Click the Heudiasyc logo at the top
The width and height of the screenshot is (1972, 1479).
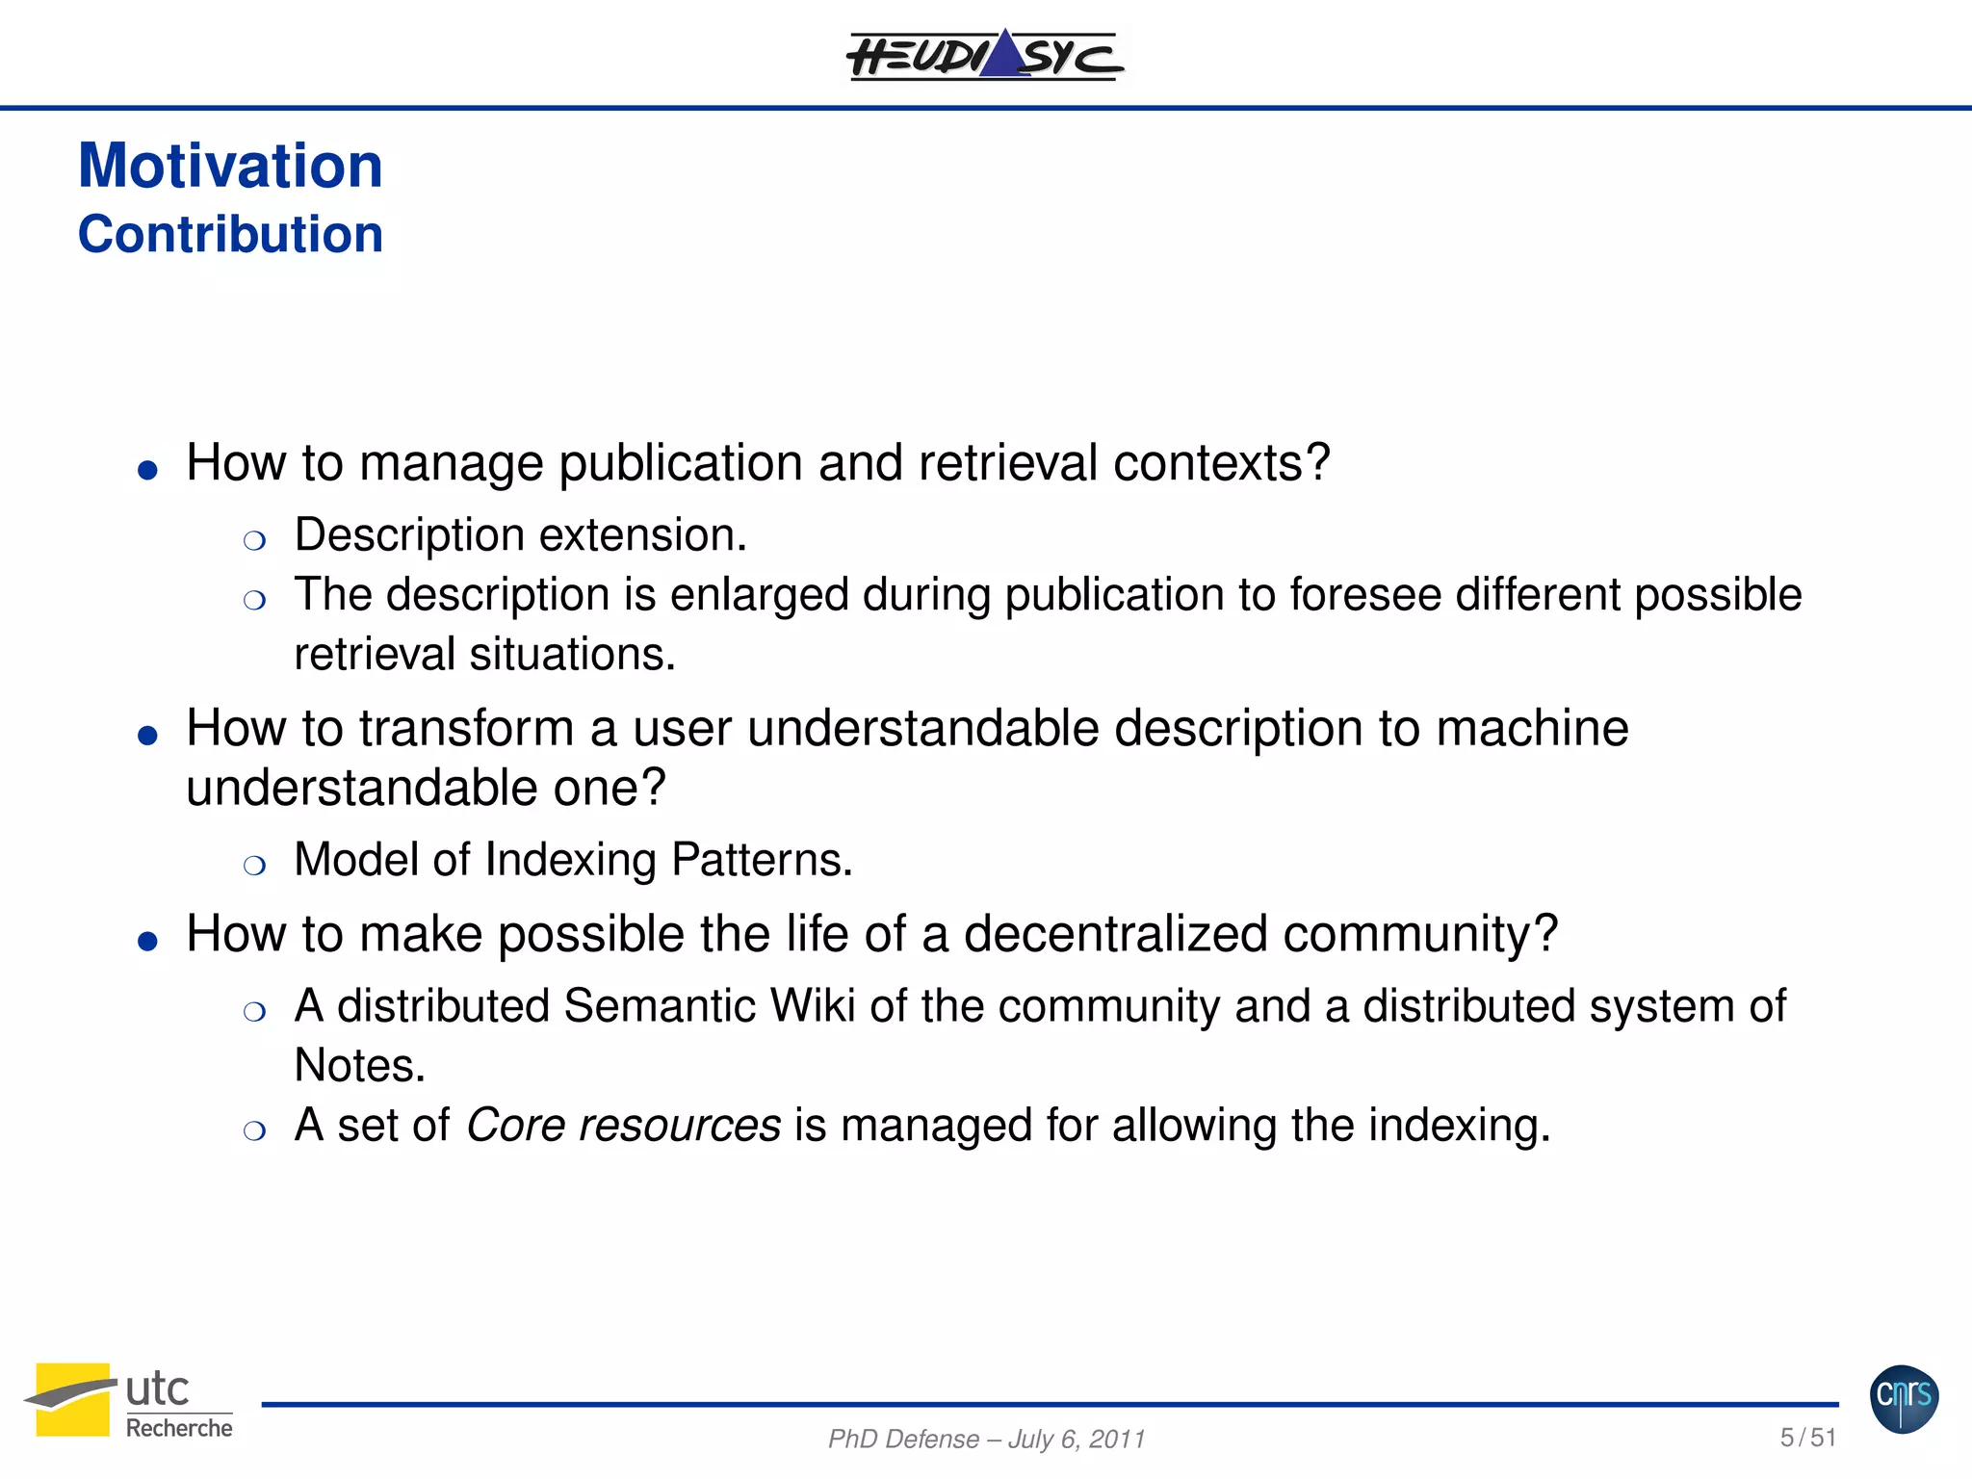(984, 56)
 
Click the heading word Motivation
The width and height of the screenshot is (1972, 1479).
(230, 166)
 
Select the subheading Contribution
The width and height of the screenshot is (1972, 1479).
(230, 234)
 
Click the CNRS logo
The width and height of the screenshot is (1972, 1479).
(1904, 1398)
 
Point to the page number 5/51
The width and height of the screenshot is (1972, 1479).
(1807, 1438)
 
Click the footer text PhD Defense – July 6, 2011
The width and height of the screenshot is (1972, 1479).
(986, 1439)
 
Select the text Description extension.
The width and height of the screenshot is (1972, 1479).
(520, 535)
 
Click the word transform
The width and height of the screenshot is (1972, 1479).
(466, 728)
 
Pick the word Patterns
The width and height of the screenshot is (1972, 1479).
(761, 860)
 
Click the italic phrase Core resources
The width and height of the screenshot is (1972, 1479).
(623, 1126)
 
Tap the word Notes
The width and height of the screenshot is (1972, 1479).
(358, 1066)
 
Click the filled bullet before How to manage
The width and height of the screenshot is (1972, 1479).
(147, 470)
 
